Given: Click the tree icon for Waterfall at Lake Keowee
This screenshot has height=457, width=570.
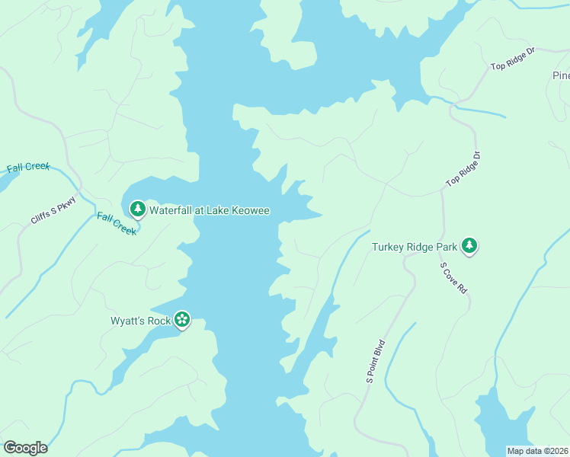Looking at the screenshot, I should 137,209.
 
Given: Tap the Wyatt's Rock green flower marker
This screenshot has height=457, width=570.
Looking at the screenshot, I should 182,320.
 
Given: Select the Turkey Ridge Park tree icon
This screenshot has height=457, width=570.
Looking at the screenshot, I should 470,246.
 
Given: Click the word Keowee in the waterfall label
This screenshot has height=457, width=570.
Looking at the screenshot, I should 251,210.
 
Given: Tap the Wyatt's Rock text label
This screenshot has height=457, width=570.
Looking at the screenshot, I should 140,321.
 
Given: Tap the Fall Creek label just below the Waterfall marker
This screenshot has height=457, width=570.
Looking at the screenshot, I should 117,223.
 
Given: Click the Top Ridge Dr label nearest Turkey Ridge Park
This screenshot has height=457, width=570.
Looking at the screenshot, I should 464,169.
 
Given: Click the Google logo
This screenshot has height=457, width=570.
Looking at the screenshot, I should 25,447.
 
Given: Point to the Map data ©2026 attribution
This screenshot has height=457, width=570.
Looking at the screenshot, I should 537,451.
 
